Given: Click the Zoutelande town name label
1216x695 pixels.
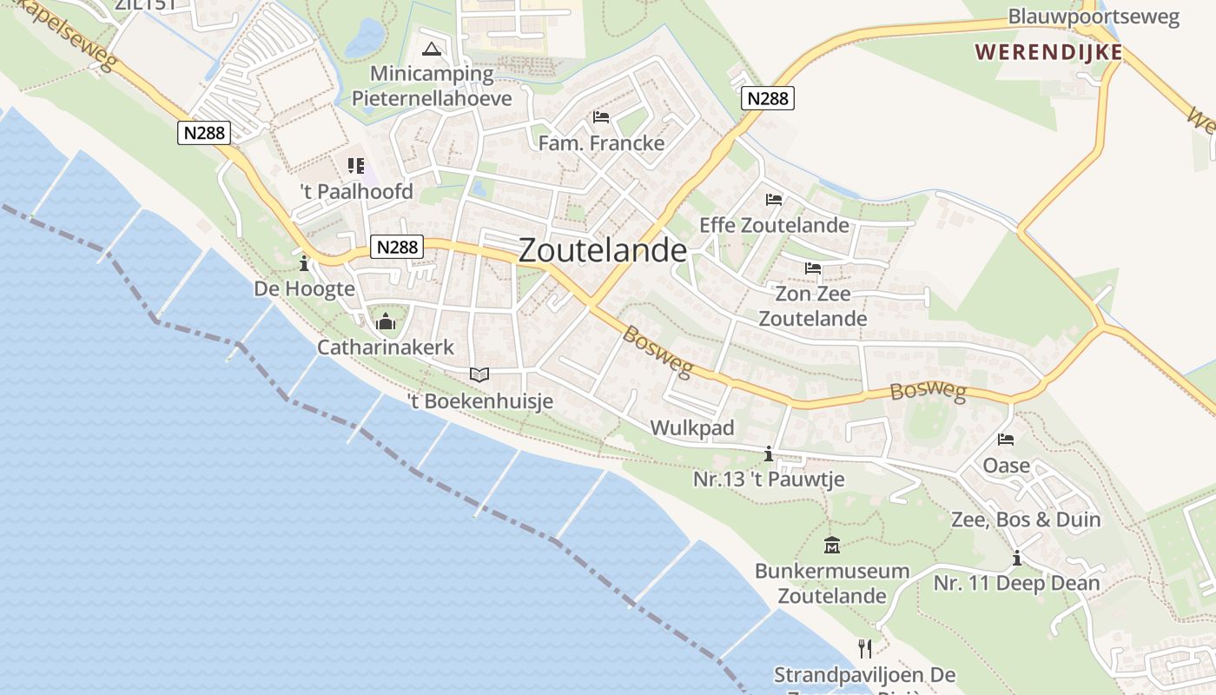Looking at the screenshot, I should pos(602,250).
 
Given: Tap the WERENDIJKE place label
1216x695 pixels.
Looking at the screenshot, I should pos(1048,52).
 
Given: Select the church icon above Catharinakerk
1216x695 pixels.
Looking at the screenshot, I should pos(386,323).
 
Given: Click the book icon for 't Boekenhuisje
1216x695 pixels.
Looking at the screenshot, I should pos(479,374).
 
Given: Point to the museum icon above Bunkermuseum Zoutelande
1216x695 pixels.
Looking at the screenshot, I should pos(832,546).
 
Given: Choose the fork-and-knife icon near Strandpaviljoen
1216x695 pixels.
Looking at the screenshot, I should pos(864,648).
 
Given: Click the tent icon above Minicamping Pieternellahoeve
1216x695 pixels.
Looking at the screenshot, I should pos(432,48).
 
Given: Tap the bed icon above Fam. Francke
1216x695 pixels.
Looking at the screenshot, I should pos(601,116).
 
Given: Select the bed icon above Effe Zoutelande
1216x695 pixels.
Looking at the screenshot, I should pos(774,199).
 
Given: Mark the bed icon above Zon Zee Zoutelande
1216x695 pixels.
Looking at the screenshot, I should pos(813,268).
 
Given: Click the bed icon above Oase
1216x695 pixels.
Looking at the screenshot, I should pos(1006,440).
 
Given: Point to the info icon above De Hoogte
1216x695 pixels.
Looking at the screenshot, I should pos(304,262).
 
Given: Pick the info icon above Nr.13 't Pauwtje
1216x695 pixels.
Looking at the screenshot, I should pos(768,453).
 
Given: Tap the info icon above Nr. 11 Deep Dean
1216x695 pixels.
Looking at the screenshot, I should pos(1016,558).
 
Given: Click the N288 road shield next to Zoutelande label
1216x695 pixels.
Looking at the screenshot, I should pos(398,248).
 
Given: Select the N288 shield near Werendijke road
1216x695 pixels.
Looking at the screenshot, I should pos(768,98).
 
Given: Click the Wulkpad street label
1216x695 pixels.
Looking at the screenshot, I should pos(692,427).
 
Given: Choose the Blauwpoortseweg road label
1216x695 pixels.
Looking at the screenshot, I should pos(1093,17).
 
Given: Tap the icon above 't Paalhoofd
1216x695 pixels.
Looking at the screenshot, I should pos(356,165).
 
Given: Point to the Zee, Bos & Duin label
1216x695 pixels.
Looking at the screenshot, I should pos(1026,520).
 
